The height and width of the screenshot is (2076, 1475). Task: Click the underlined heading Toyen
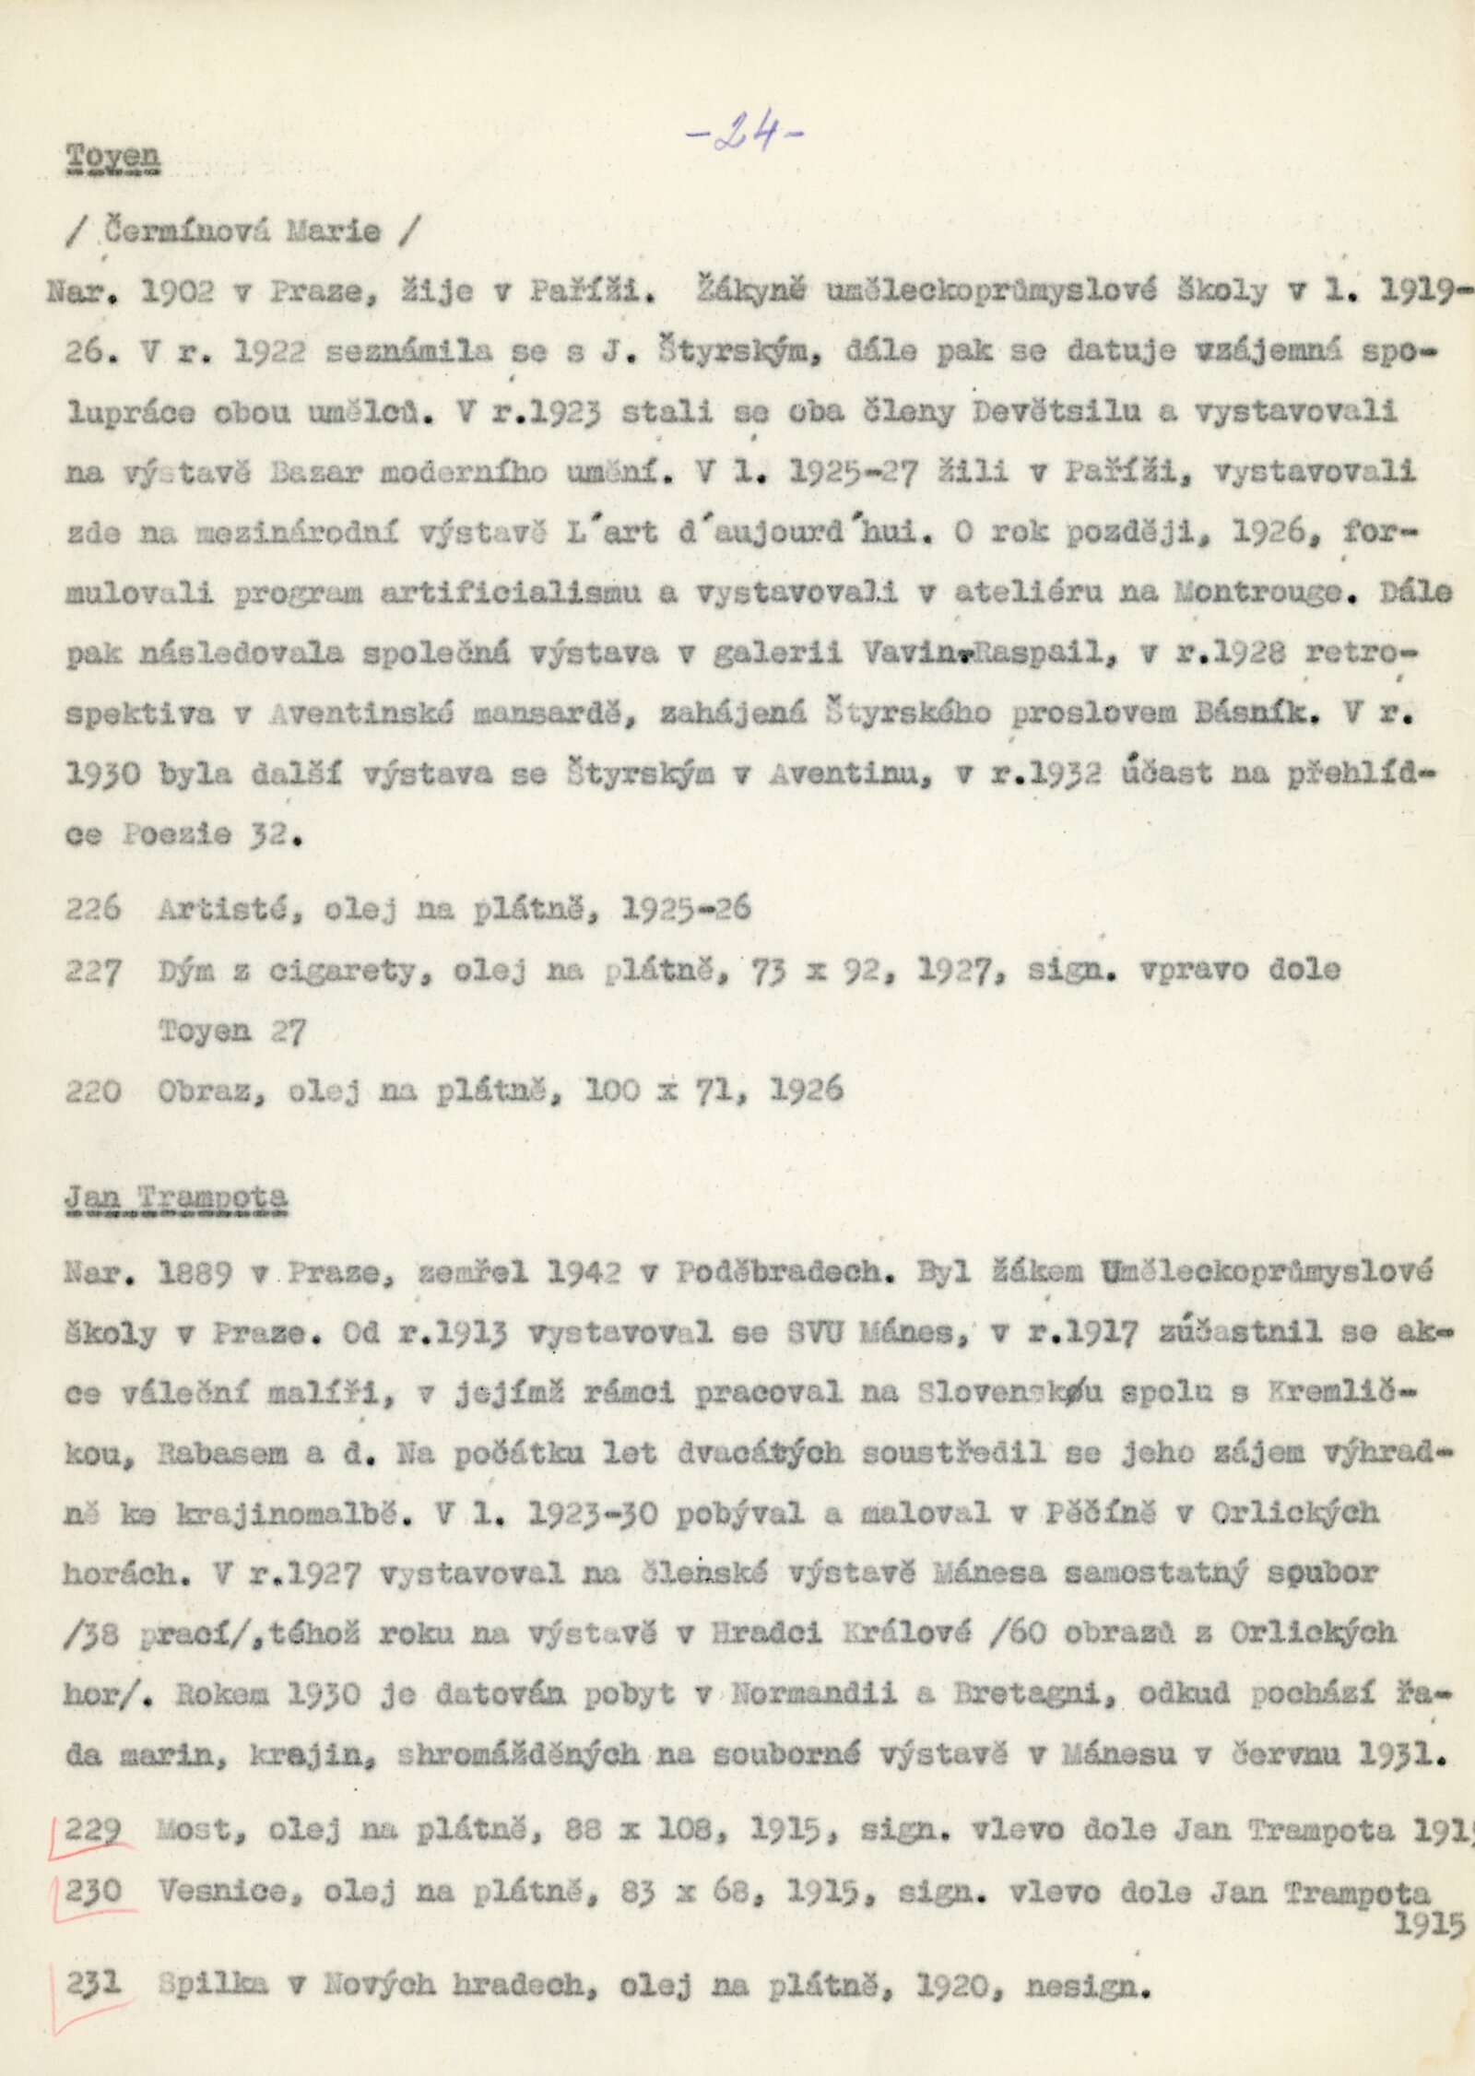(x=112, y=159)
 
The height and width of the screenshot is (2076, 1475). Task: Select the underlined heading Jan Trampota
(x=176, y=1201)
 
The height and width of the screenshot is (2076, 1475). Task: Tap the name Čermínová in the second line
(x=183, y=230)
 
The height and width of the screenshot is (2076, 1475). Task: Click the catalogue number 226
(x=93, y=909)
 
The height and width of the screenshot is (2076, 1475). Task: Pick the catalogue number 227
(x=93, y=970)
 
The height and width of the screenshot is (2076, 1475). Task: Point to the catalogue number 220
(x=93, y=1091)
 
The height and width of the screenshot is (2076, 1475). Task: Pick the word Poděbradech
(x=776, y=1272)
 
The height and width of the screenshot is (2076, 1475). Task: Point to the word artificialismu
(x=510, y=592)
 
